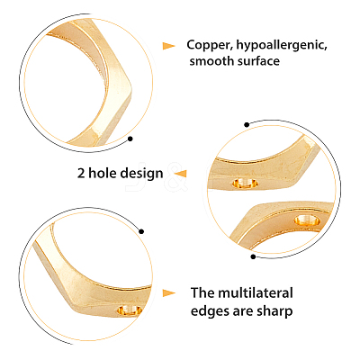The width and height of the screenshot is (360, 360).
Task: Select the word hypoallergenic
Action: [282, 46]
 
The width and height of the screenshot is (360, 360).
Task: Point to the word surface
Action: [258, 62]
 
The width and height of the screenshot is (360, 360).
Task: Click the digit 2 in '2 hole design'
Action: [81, 174]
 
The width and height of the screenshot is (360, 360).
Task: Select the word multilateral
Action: [256, 292]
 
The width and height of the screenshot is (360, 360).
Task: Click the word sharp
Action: [274, 311]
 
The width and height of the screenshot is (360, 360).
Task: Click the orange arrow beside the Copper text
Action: [169, 46]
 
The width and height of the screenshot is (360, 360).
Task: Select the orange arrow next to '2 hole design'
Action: [180, 174]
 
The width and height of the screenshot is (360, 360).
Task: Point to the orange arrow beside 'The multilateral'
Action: [169, 293]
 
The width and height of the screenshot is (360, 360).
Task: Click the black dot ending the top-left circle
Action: [130, 139]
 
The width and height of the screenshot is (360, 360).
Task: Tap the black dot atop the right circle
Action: [247, 125]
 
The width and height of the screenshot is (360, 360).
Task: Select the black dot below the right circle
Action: [253, 256]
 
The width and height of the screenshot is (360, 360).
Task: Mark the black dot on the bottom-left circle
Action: [141, 231]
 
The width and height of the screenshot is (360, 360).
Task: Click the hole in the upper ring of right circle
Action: [246, 183]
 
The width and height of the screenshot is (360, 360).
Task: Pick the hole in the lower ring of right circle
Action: [307, 220]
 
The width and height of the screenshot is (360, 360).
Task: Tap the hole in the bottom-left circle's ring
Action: [130, 310]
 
